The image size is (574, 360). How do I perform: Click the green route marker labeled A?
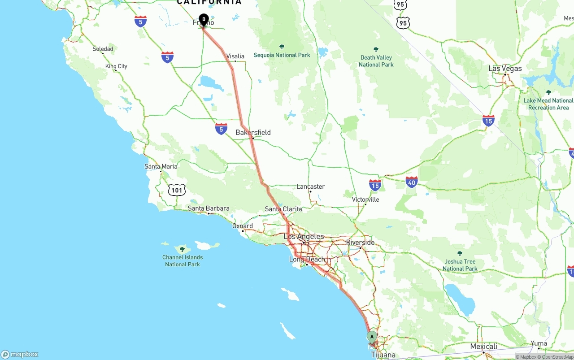point(372,337)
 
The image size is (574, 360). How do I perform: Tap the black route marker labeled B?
point(204,19)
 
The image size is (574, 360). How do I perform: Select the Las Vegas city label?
point(505,69)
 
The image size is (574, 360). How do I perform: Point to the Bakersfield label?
point(253,132)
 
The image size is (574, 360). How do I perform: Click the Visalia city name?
point(235,56)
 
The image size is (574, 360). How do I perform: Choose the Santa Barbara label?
point(209,208)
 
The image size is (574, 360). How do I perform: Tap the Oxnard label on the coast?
point(243,226)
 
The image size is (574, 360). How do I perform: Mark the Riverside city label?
point(360,243)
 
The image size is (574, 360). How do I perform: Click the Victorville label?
point(365,200)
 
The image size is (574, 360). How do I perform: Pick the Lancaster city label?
point(310,187)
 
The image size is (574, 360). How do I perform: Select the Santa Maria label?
point(161,166)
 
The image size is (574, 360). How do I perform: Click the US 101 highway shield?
point(177,190)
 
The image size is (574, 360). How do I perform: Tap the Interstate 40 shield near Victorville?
point(411,182)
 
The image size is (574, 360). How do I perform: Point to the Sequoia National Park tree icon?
point(282,47)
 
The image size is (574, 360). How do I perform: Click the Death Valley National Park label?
point(376,61)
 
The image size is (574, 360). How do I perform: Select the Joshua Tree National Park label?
point(460,265)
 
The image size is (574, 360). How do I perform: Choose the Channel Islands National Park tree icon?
point(182,249)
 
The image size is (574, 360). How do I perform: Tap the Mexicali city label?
point(483,347)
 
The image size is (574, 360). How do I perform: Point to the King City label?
point(116,66)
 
